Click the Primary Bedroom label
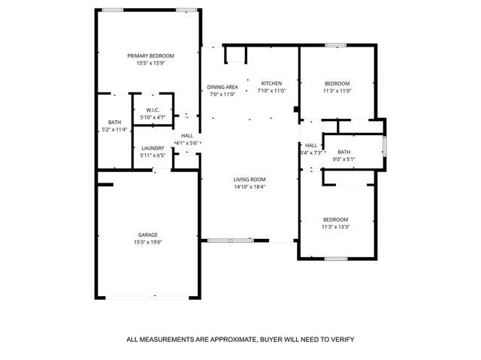pos(150,56)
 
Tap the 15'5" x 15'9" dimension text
pos(150,64)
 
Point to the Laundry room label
pos(153,148)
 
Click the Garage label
pos(148,234)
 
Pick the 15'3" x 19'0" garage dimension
pos(148,242)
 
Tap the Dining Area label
pos(222,87)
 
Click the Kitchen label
pos(271,83)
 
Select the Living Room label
pos(250,179)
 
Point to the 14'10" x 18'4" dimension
pos(250,186)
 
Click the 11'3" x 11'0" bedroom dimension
pos(337,91)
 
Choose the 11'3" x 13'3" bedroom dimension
pos(336,227)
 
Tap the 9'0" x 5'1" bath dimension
pos(344,159)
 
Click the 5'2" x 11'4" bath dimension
pos(114,129)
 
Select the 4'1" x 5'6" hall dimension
pos(186,143)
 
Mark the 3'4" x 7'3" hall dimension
pos(310,153)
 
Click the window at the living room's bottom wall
pos(231,241)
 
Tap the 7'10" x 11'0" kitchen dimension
pos(271,90)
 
